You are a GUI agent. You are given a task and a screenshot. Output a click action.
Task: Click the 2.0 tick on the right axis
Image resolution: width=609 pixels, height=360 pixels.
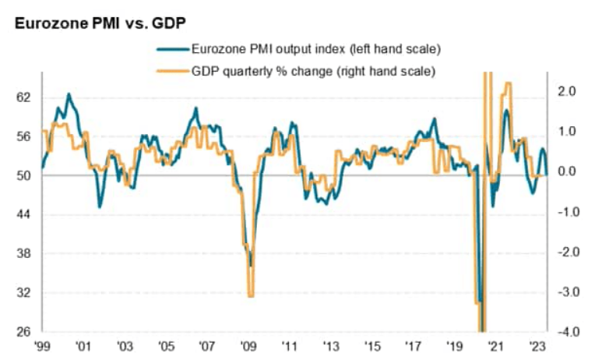click(x=566, y=91)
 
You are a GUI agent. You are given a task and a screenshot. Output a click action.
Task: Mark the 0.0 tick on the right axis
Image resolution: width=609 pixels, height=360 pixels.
click(x=566, y=171)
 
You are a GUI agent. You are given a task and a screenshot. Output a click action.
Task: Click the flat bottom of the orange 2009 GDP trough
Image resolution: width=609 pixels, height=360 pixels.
click(x=251, y=295)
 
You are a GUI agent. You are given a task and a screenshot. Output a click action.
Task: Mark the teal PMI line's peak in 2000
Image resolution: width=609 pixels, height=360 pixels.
click(x=69, y=94)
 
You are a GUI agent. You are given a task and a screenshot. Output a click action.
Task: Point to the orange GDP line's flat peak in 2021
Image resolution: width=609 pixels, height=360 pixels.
click(x=509, y=83)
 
